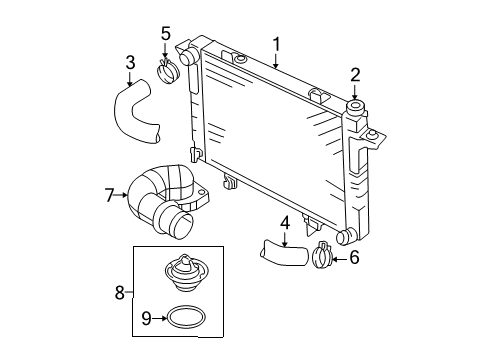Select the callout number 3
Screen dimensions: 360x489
point(130,63)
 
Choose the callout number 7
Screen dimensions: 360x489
point(111,196)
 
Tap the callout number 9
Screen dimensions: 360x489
point(146,319)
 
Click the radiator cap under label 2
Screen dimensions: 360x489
point(354,107)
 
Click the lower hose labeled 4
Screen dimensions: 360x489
point(284,251)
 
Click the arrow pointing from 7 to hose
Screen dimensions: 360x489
point(123,196)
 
